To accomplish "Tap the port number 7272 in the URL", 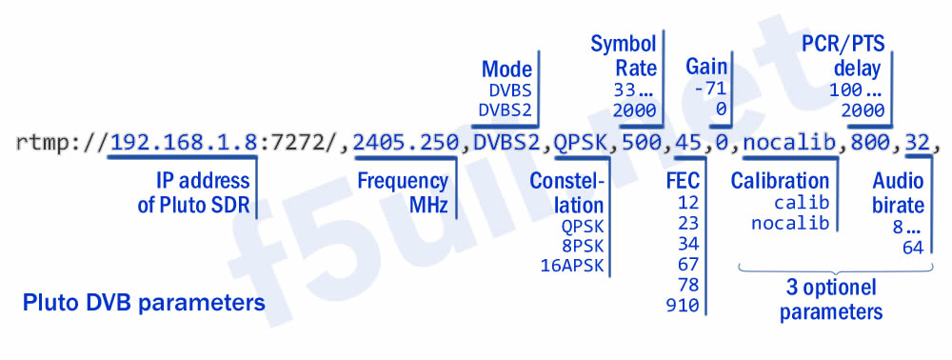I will click(289, 144).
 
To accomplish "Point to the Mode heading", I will click(506, 70).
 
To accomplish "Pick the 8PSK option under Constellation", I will click(583, 245).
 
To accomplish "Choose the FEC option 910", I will click(685, 306).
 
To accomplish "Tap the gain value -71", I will click(710, 89).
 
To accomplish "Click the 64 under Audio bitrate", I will click(913, 249).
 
